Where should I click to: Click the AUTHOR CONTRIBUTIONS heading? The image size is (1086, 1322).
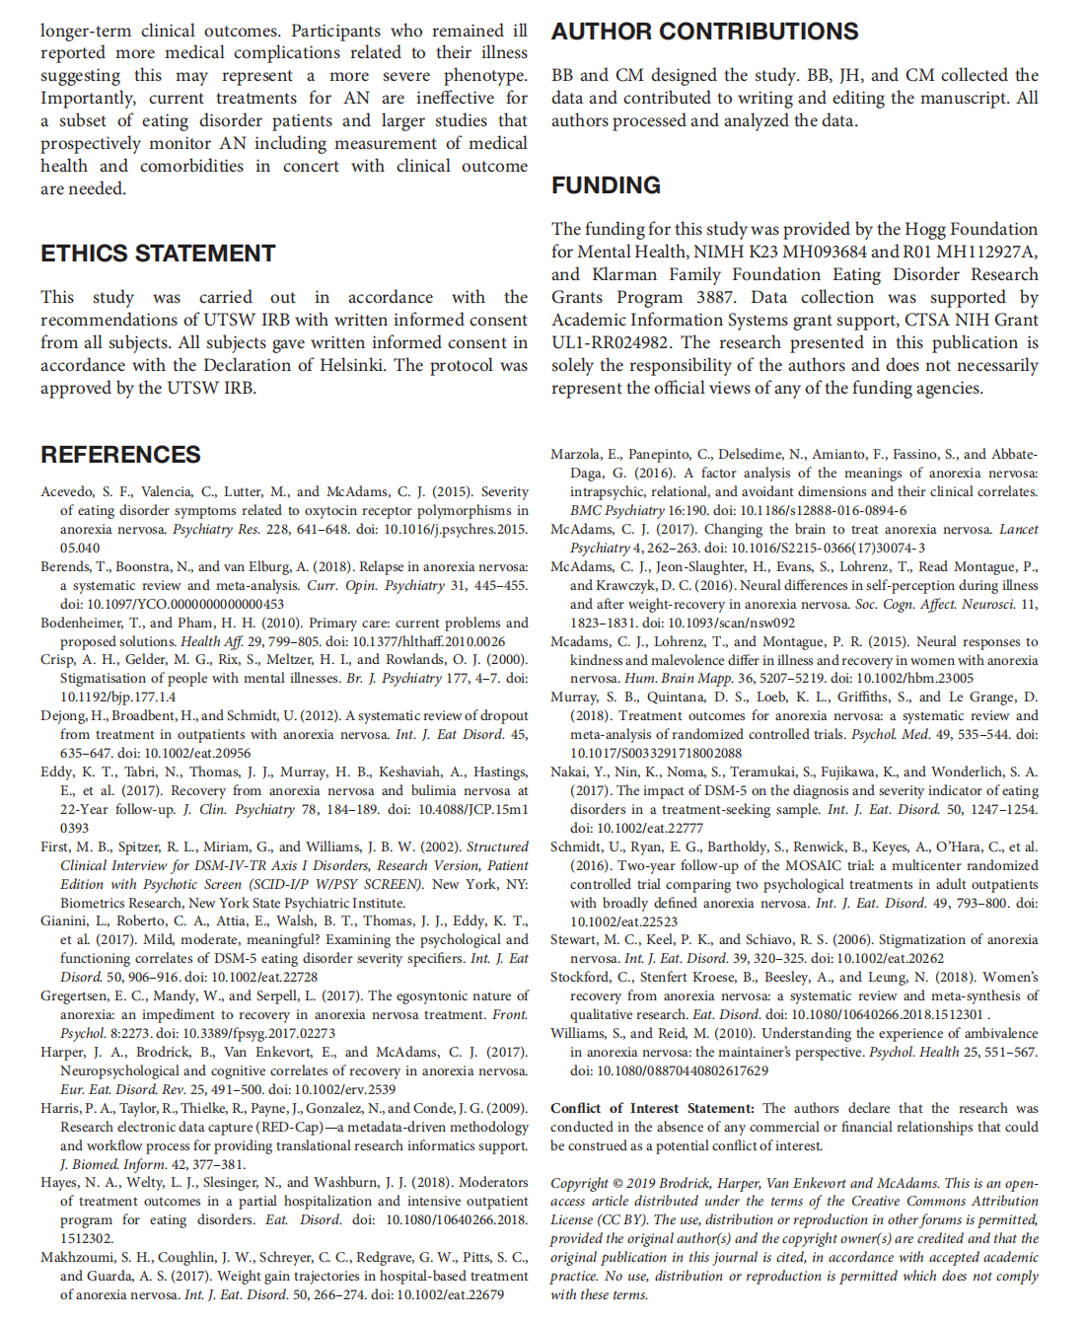pyautogui.click(x=704, y=32)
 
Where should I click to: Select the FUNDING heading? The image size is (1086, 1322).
pyautogui.click(x=606, y=185)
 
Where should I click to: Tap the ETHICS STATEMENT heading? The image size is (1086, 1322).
pyautogui.click(x=158, y=254)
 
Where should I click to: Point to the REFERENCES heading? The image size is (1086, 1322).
pyautogui.click(x=120, y=455)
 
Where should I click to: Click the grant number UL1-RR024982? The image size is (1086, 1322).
pyautogui.click(x=612, y=342)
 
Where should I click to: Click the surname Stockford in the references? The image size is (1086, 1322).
pyautogui.click(x=580, y=977)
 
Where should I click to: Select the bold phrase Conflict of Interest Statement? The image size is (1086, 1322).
pyautogui.click(x=652, y=1108)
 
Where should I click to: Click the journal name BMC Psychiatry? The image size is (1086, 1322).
pyautogui.click(x=616, y=510)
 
